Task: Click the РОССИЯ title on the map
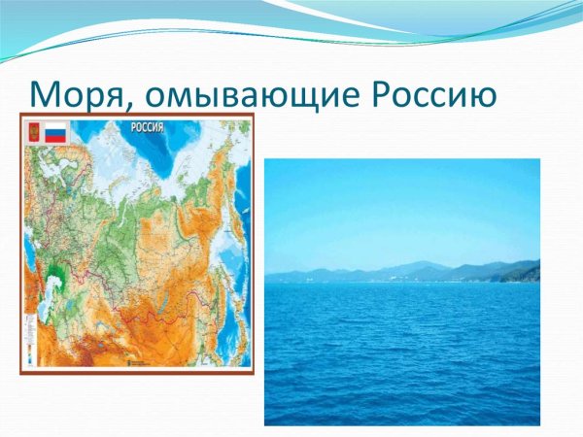coord(146,127)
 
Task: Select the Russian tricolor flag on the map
coord(56,133)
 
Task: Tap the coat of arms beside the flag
coord(34,133)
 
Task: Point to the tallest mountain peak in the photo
coord(416,263)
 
